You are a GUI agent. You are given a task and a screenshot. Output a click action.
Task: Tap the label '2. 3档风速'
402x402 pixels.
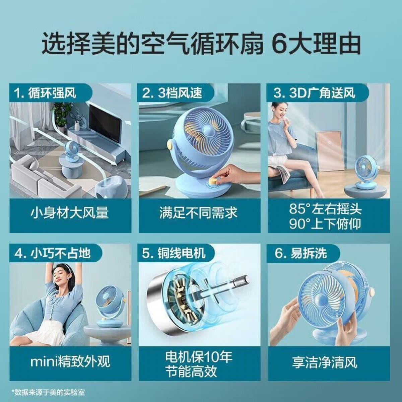point(172,93)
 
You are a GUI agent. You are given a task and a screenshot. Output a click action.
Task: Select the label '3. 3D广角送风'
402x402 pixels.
point(314,93)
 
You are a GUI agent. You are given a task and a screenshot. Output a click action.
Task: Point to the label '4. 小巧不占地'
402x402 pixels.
point(53,253)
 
